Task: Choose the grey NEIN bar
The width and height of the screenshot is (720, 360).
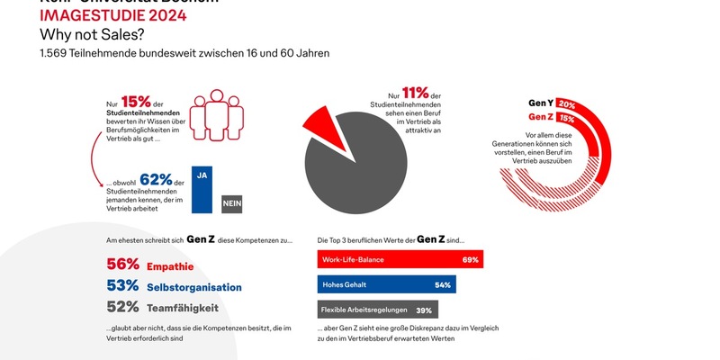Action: pyautogui.click(x=231, y=204)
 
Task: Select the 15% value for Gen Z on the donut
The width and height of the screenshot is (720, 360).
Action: pyautogui.click(x=567, y=118)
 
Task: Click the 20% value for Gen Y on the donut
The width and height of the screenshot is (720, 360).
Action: pyautogui.click(x=567, y=103)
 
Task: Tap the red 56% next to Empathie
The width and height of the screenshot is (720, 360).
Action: pyautogui.click(x=122, y=265)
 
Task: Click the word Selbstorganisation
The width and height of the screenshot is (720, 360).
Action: pyautogui.click(x=194, y=287)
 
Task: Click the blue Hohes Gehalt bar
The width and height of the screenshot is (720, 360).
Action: pyautogui.click(x=386, y=284)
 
